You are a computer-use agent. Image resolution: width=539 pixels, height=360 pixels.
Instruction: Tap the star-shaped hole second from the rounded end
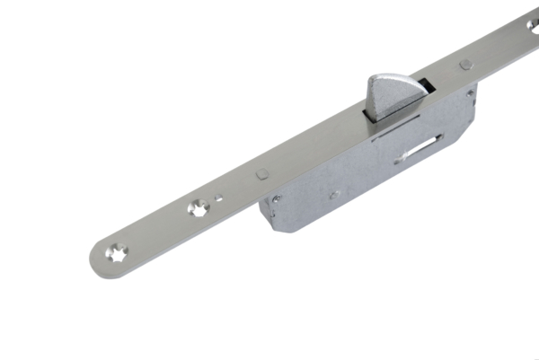click(x=197, y=208)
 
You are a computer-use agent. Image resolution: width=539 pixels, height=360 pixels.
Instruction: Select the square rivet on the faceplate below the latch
click(x=261, y=173)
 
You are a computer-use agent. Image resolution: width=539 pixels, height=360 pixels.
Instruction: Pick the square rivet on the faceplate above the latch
click(x=464, y=65)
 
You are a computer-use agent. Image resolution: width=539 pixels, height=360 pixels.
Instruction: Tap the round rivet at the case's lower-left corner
click(x=277, y=199)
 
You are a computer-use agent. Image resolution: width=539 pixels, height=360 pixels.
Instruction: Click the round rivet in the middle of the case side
click(x=333, y=193)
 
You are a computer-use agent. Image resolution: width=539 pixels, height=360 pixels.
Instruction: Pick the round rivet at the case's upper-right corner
click(x=469, y=92)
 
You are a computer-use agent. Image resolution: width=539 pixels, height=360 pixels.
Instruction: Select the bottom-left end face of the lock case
click(x=268, y=215)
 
